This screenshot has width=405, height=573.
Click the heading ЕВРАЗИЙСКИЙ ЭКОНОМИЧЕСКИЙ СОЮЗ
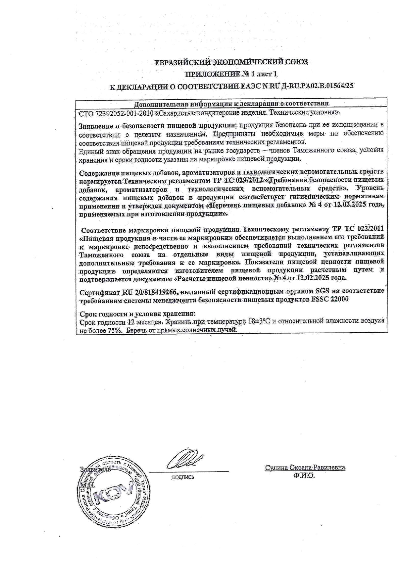[231, 62]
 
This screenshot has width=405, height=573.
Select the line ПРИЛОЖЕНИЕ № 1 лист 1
[231, 74]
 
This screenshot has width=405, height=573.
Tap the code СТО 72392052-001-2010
[116, 113]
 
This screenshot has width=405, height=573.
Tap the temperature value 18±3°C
[258, 321]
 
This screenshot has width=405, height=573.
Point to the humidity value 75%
[114, 330]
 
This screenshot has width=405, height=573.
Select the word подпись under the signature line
[183, 477]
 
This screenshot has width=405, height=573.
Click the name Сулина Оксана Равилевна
[305, 467]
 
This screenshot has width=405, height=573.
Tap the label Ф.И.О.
[304, 476]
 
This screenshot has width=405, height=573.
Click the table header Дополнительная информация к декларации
[232, 104]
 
